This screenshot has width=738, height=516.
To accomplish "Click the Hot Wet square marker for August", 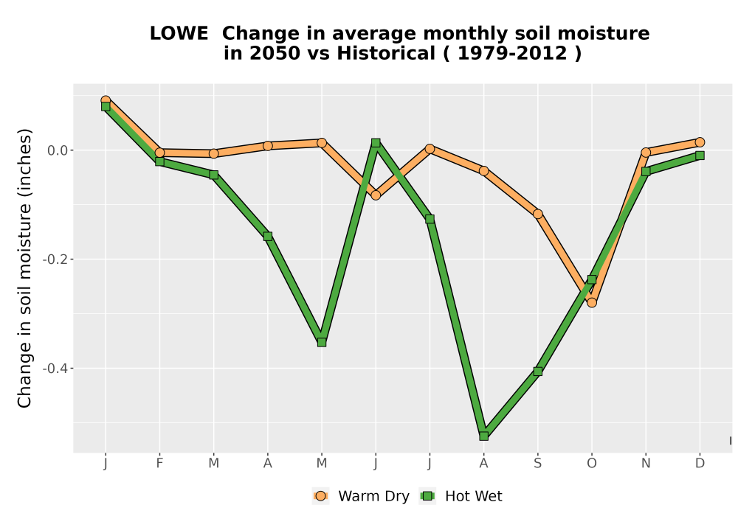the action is click(x=484, y=436).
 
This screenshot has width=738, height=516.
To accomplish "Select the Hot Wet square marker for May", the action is click(x=322, y=342).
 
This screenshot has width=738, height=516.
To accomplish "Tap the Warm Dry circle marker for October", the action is click(x=592, y=303).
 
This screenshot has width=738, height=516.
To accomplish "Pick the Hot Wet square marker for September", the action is click(x=538, y=372).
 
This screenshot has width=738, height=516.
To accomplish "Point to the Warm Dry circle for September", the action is click(x=538, y=214).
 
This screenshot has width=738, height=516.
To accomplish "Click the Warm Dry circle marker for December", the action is click(x=700, y=142).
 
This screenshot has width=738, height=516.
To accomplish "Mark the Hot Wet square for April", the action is click(x=268, y=236).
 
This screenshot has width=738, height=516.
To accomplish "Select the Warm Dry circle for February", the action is click(x=159, y=153).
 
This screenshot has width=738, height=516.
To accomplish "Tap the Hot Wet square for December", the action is click(x=700, y=155).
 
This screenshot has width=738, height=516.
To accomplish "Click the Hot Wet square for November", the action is click(x=646, y=172).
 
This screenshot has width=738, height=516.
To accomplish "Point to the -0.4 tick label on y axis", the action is click(x=55, y=369).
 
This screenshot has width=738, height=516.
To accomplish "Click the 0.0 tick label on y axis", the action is click(x=58, y=150).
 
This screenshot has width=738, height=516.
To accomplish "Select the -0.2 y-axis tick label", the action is click(x=55, y=259).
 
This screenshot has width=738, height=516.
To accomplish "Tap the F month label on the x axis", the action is click(x=159, y=464).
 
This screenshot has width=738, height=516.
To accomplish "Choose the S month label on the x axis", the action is click(x=538, y=464).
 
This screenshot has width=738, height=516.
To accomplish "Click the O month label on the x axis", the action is click(x=592, y=464).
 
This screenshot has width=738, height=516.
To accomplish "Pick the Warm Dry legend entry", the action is click(x=361, y=496).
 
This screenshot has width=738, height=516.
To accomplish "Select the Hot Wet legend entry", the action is click(x=461, y=496).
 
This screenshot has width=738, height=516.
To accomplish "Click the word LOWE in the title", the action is click(x=179, y=34).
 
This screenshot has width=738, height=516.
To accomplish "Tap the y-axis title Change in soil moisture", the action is click(x=24, y=268).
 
